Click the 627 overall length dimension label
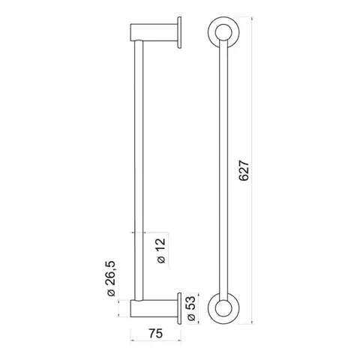244,171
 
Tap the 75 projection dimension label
155,333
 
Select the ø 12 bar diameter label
161,250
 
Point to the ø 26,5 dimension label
111,278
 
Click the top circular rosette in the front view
223,32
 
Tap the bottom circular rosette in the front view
223,308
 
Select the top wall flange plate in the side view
179,32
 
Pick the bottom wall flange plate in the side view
179,308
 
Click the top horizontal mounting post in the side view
154,32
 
